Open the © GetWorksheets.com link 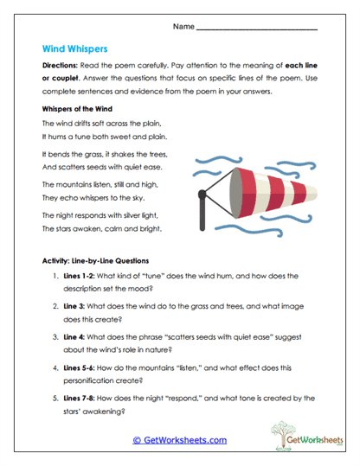click(x=179, y=440)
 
